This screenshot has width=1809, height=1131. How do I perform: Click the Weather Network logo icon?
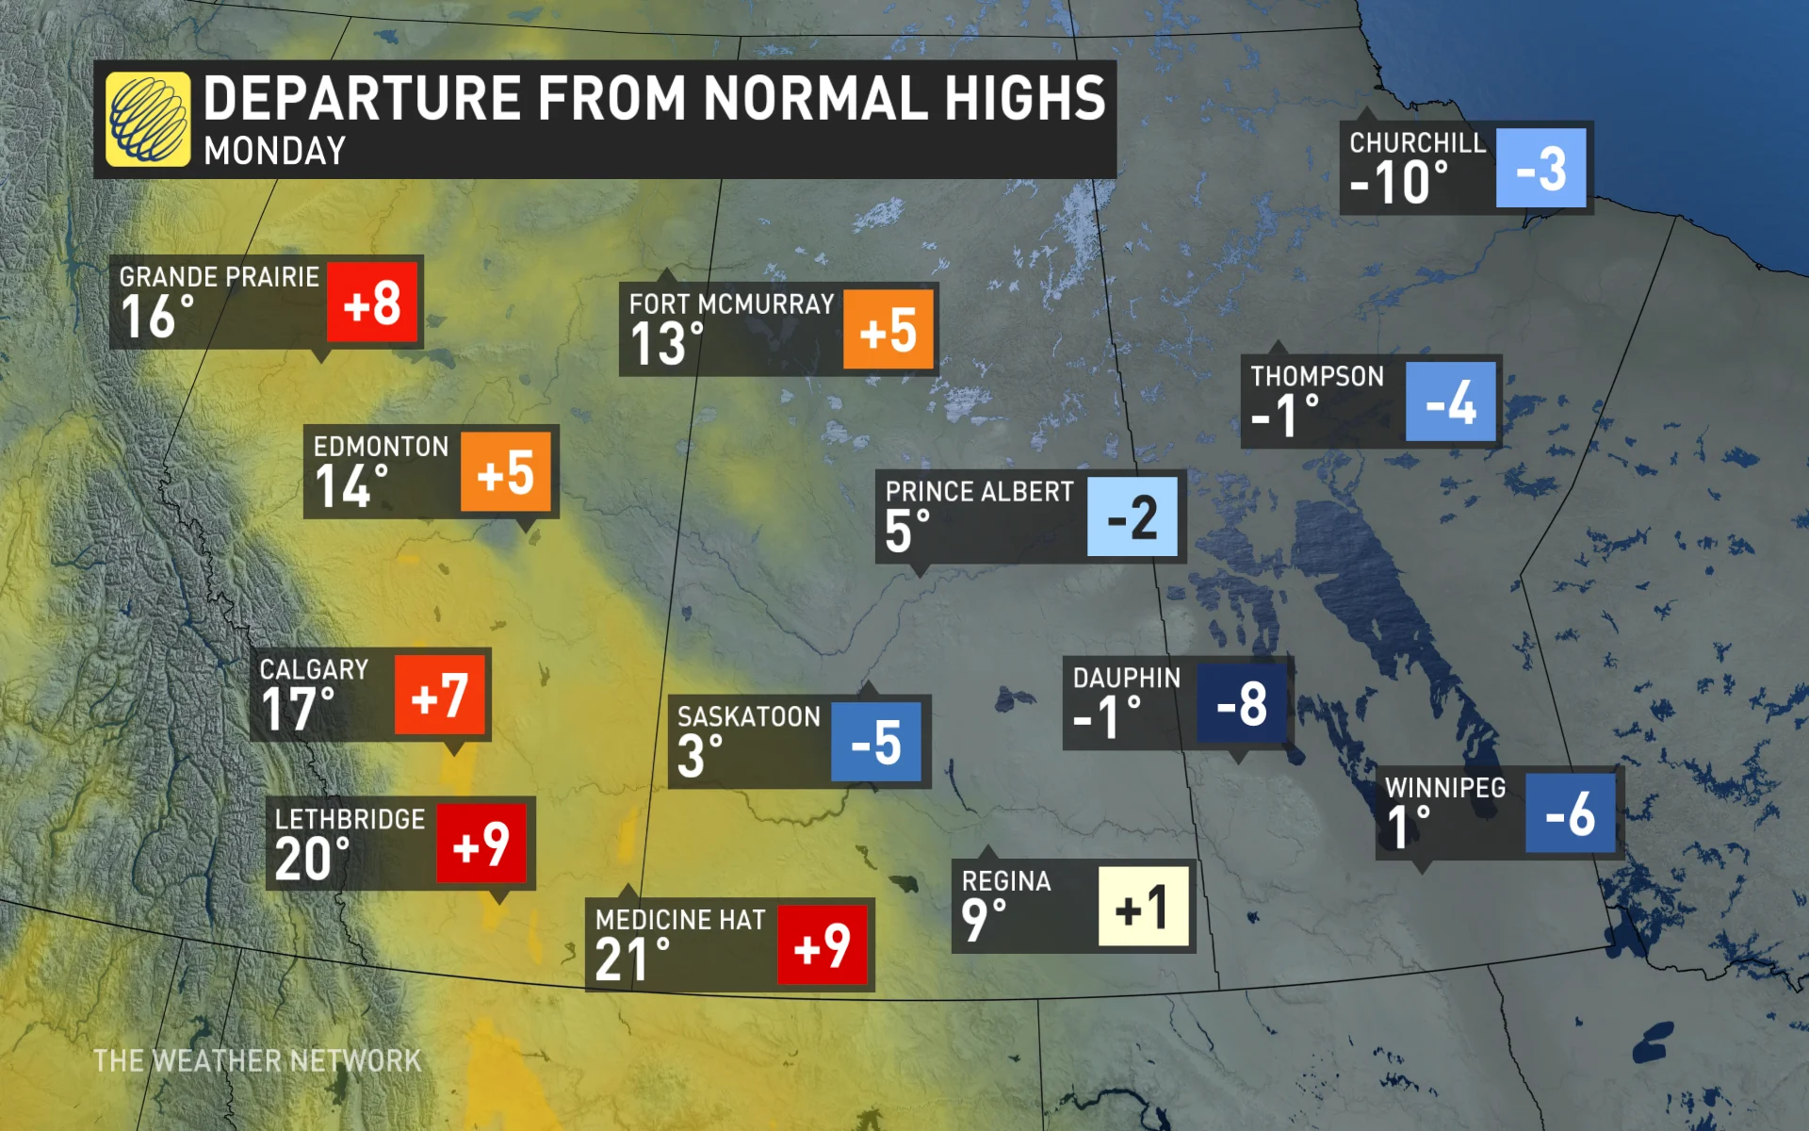(148, 120)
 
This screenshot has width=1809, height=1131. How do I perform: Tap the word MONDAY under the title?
(275, 151)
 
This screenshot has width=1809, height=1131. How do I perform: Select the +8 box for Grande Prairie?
(372, 303)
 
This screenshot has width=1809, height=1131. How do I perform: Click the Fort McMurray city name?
(731, 304)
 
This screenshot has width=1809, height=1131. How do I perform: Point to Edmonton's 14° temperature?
(351, 486)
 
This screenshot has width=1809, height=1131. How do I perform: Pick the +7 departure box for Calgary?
(440, 696)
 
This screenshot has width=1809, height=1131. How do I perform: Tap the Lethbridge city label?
(350, 819)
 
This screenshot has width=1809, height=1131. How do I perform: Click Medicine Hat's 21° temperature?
(632, 960)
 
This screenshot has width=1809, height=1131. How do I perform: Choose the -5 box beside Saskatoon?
(876, 743)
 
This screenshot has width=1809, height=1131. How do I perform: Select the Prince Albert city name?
(979, 492)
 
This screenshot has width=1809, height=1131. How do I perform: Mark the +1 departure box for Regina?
(1143, 908)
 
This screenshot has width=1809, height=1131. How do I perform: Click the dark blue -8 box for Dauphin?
(1242, 703)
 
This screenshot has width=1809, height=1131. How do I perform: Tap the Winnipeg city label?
(1445, 788)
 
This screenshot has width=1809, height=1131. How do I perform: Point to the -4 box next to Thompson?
(1451, 402)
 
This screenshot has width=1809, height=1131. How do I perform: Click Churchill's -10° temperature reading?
(1398, 182)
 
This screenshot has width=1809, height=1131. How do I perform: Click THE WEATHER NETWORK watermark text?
(257, 1061)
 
